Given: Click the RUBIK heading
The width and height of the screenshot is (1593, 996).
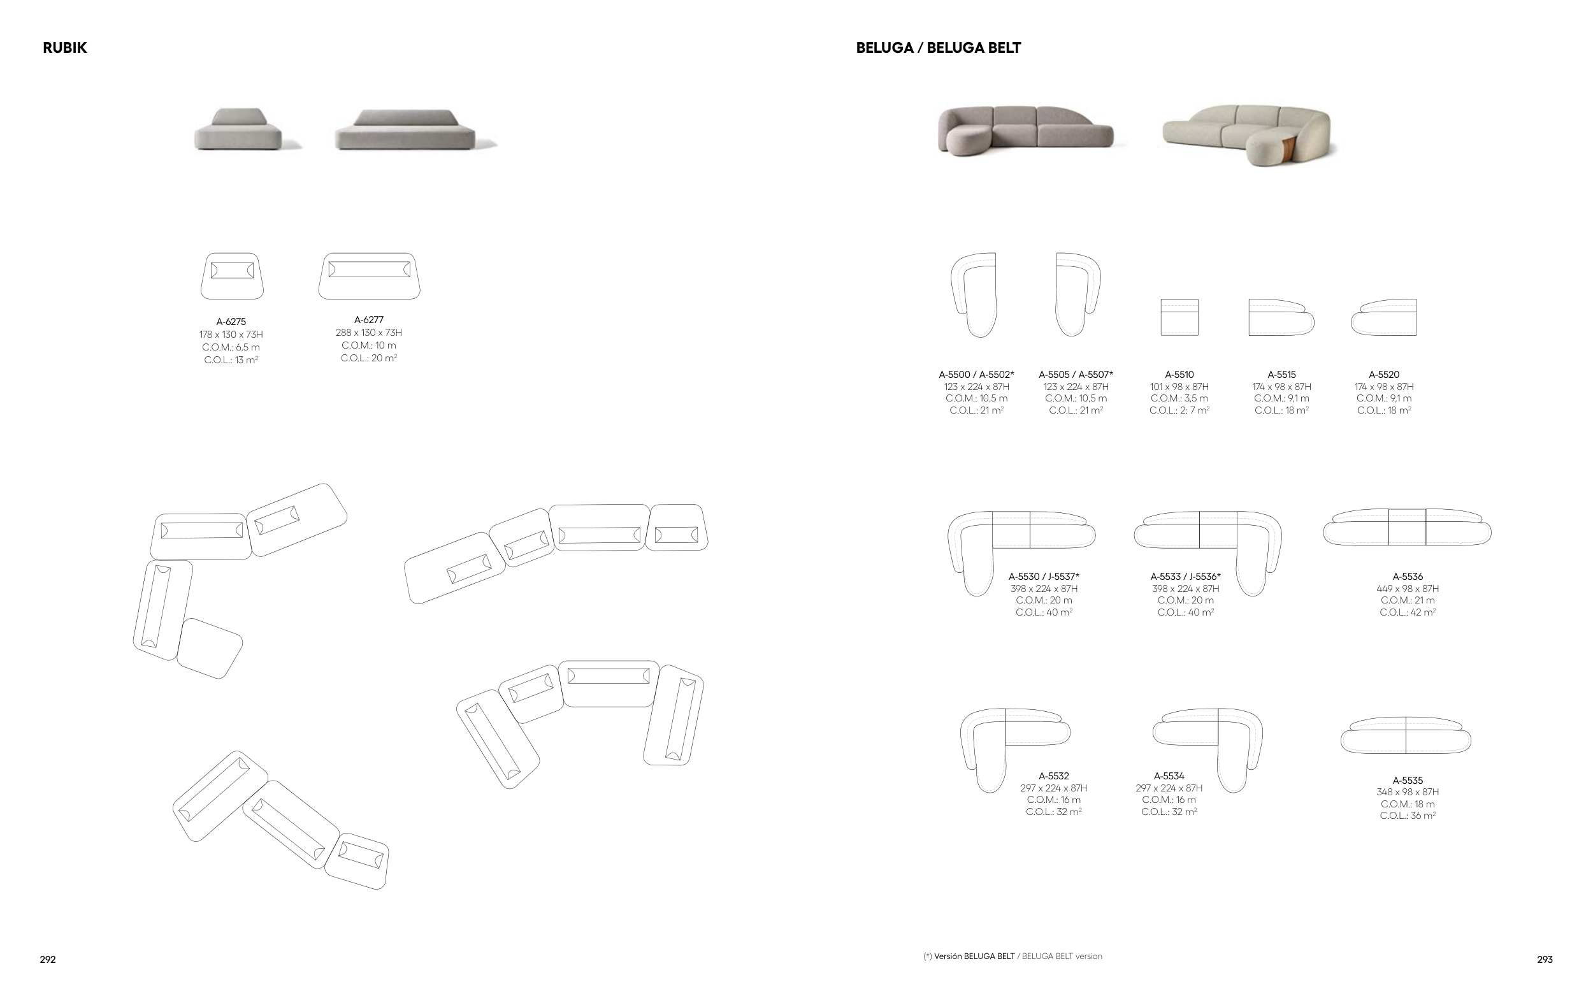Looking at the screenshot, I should click(64, 48).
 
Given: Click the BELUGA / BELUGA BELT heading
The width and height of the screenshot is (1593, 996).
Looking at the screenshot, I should click(938, 48).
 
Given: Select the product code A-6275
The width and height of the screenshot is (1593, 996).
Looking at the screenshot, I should click(231, 322).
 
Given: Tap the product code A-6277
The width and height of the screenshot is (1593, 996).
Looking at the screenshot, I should click(369, 320).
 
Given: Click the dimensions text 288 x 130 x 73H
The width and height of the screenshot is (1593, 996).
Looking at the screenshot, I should click(369, 333).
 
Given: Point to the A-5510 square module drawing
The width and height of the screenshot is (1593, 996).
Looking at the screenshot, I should click(1179, 317).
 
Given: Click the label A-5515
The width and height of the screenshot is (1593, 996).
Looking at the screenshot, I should click(1281, 375).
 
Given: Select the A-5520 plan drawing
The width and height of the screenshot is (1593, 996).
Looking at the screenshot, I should click(1383, 317).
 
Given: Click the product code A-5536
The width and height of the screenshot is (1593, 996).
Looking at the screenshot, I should click(1408, 577).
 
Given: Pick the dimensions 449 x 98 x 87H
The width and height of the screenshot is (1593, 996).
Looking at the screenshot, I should click(1408, 589).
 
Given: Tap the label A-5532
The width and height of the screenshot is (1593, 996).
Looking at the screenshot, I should click(1054, 777).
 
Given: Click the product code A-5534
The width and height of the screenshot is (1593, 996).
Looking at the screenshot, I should click(1169, 777).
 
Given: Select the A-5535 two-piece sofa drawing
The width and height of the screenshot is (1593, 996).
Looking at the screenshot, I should click(1405, 736).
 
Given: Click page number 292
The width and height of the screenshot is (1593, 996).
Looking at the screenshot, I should click(47, 960).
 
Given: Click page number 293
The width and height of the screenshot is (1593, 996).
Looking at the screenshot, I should click(1545, 960).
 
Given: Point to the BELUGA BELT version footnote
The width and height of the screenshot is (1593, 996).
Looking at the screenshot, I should click(1012, 956).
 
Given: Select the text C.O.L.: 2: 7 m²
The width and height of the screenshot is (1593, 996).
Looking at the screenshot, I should click(1179, 410).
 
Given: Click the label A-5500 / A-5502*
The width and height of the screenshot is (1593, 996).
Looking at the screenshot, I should click(976, 375).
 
